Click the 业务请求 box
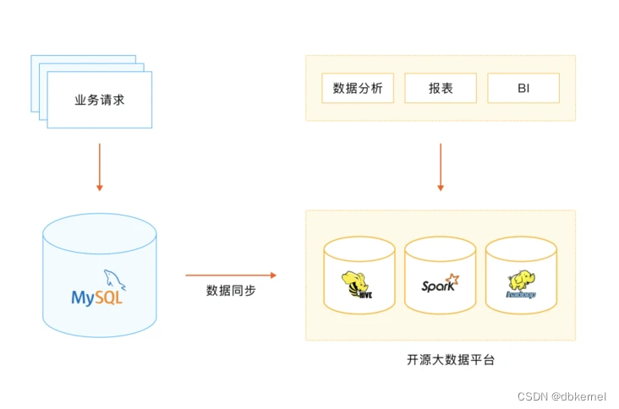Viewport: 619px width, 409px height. click(100, 99)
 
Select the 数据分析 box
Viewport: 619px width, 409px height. click(358, 88)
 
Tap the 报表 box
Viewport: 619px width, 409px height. click(440, 88)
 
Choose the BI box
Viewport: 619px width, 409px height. click(523, 88)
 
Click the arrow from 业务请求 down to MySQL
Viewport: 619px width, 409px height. click(100, 166)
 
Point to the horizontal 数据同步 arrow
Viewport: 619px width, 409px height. click(231, 275)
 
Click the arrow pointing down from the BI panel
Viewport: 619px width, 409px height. click(440, 166)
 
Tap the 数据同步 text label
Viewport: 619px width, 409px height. click(231, 292)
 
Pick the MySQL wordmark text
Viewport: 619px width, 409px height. click(96, 297)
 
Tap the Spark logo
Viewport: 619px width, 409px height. click(440, 284)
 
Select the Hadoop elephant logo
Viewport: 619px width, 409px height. click(521, 284)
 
